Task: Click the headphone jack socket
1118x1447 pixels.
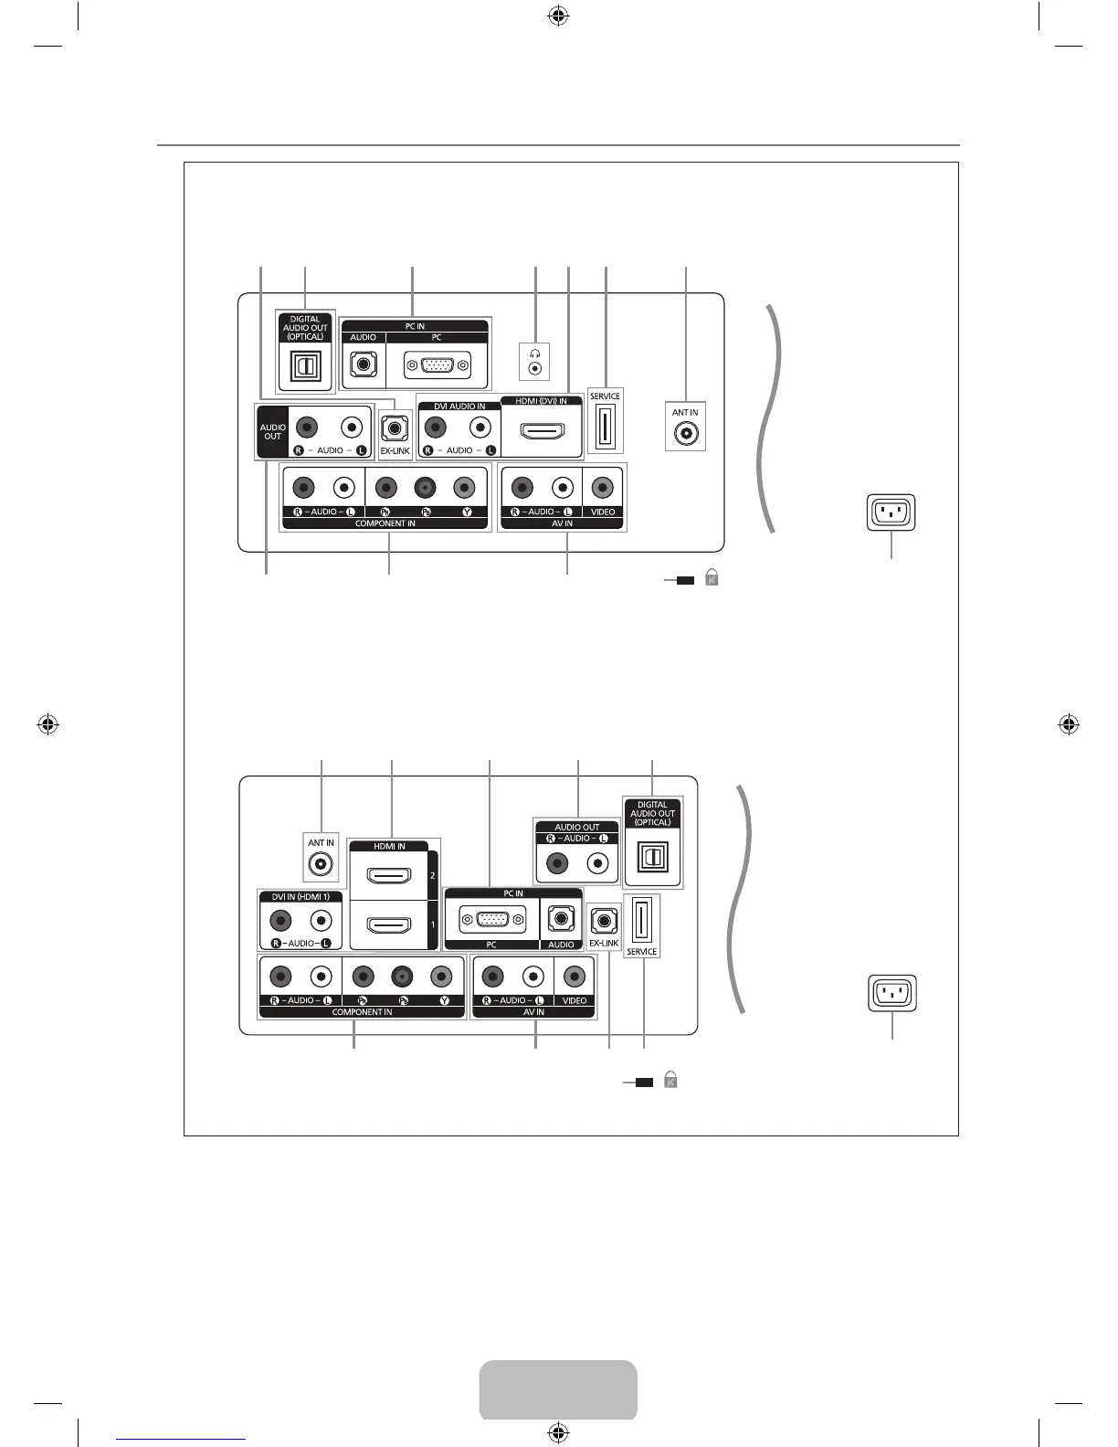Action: coord(535,369)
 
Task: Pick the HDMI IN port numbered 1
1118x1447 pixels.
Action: coord(388,925)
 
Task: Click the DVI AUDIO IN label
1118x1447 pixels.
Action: coord(459,407)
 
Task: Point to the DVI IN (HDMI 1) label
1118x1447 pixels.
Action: coord(301,896)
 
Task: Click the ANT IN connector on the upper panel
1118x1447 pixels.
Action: coord(685,434)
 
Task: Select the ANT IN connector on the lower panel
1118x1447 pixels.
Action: coord(321,863)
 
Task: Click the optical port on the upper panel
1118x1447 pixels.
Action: coord(305,365)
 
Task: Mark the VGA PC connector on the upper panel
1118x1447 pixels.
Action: coord(438,365)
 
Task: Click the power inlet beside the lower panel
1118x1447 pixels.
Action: coord(892,993)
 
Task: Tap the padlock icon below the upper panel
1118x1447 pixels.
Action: coord(712,577)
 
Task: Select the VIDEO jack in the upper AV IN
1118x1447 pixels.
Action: coord(602,488)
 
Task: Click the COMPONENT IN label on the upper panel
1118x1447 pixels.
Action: coord(385,523)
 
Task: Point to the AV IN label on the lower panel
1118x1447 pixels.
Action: coord(533,1012)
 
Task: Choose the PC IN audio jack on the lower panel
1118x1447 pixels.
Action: coord(559,919)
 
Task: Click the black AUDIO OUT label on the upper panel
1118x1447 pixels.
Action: coord(272,431)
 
